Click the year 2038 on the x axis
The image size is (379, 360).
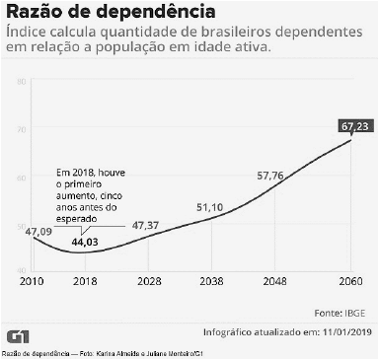tap(208, 280)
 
